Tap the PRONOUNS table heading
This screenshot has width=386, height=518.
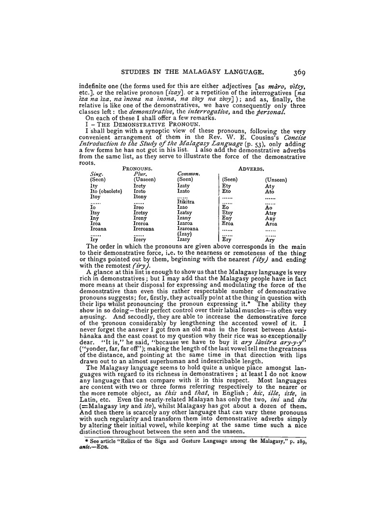tap(138, 169)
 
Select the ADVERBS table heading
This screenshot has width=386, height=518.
tap(251, 169)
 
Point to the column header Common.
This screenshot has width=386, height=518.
tap(189, 174)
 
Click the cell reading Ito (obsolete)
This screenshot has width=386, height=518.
tap(106, 191)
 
